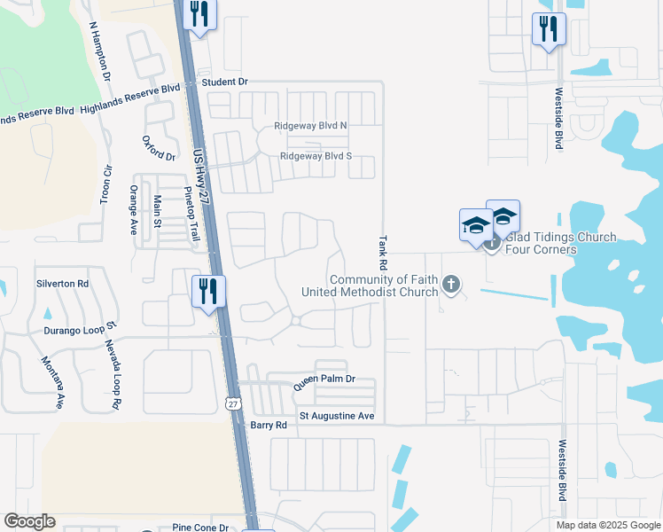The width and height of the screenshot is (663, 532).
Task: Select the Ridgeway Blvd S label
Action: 316,156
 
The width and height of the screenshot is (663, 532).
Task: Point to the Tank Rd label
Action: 384,253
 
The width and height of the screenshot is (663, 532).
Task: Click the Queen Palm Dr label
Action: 324,379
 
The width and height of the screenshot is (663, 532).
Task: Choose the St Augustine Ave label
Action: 337,415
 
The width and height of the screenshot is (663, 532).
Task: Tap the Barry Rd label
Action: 269,425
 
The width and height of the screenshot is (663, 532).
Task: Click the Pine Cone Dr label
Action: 201,528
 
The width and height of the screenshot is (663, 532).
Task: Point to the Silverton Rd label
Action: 63,284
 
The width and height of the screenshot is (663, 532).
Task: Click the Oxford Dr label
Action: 159,148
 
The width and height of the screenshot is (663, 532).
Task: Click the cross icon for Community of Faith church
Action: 451,285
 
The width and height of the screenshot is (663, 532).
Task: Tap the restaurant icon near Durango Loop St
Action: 209,291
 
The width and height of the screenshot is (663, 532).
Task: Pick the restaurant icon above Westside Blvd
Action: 549,28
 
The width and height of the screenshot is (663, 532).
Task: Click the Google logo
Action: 29,521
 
